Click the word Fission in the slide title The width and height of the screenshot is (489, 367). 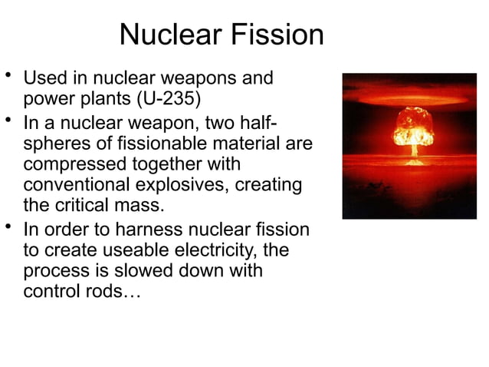tap(277, 35)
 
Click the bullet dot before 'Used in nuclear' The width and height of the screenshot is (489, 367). tap(8, 76)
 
